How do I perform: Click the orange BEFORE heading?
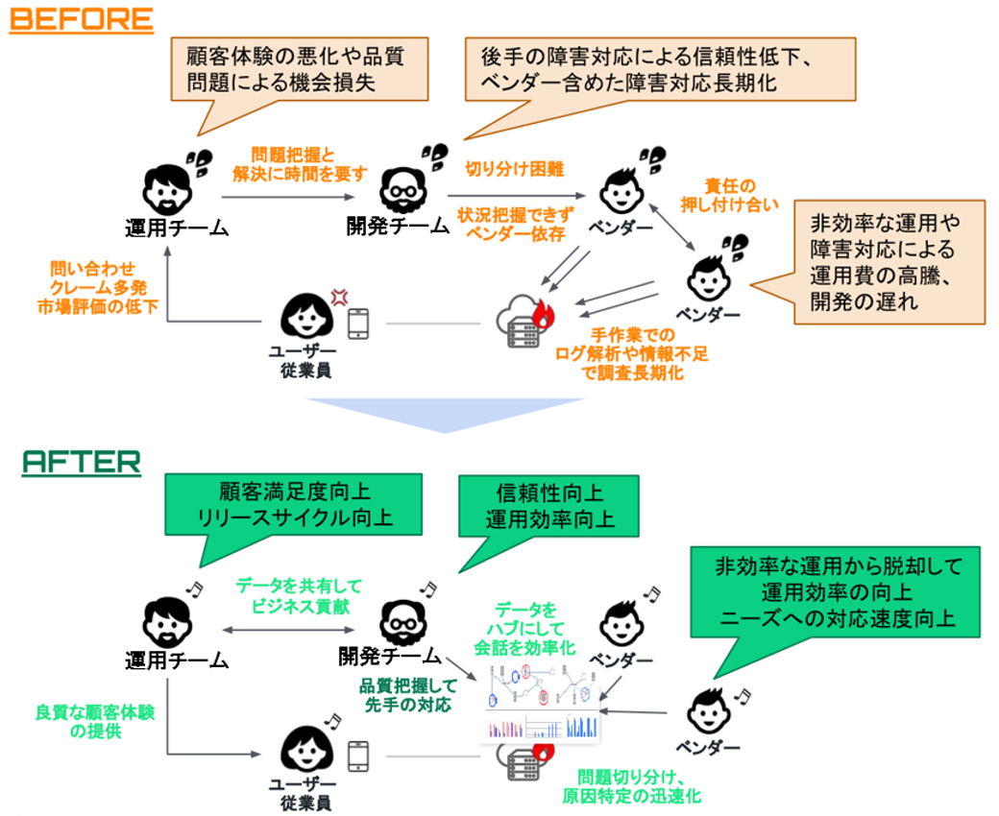tap(81, 19)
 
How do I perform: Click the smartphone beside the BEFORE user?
tap(357, 324)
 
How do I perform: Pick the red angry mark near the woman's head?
tap(337, 297)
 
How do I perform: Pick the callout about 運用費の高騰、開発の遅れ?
tap(884, 264)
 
